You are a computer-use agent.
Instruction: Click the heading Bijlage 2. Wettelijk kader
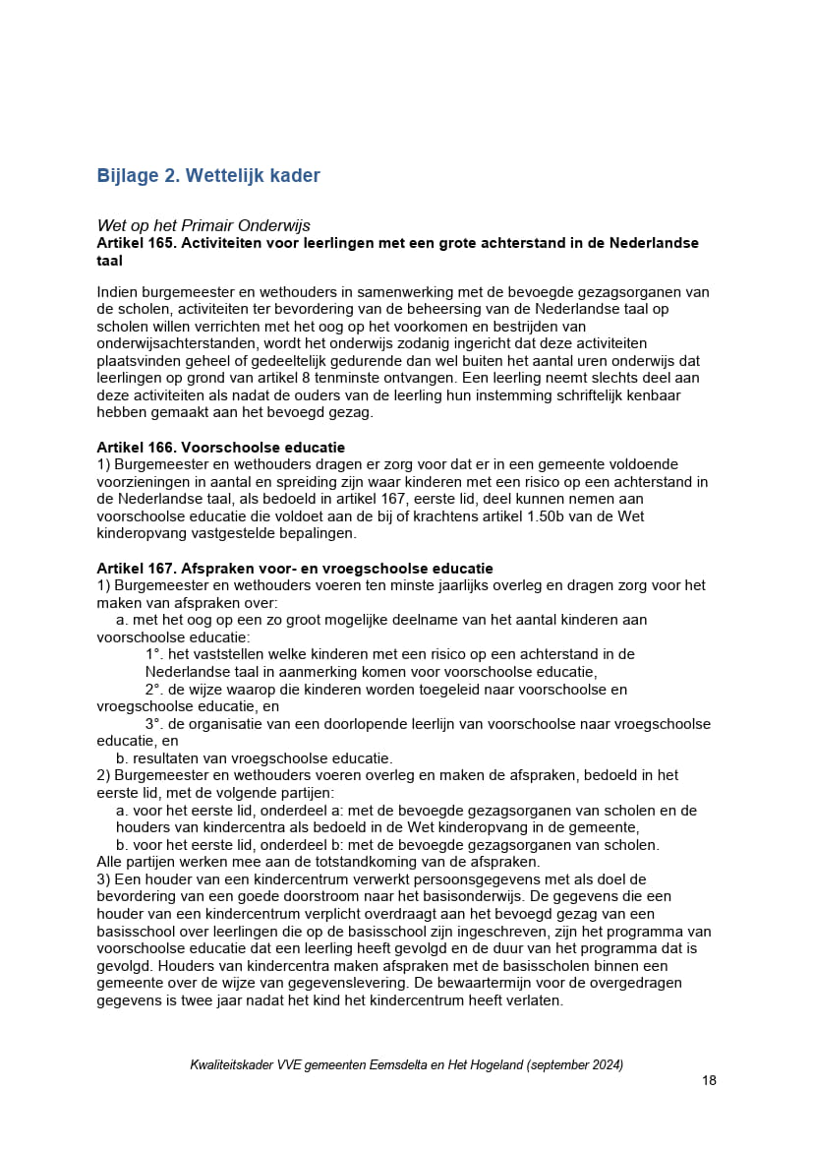tap(208, 176)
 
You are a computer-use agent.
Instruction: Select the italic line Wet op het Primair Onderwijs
tap(203, 226)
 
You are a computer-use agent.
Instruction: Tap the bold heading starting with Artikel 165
tap(397, 243)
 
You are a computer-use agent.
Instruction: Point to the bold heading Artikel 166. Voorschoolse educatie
tap(220, 448)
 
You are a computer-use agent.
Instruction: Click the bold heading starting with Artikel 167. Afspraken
tap(295, 569)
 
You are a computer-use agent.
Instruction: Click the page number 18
tap(709, 1080)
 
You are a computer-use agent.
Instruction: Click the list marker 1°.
tap(153, 654)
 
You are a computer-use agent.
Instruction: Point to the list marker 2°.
tap(153, 690)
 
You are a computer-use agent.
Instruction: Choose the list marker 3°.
tap(153, 724)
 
